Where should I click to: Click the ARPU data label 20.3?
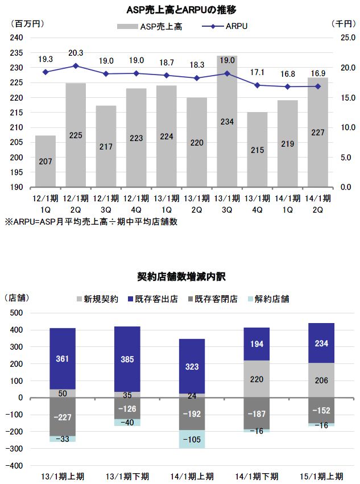[x=76, y=53]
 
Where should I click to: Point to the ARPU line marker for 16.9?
[x=318, y=86]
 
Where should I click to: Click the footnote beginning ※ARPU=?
[x=91, y=222]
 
